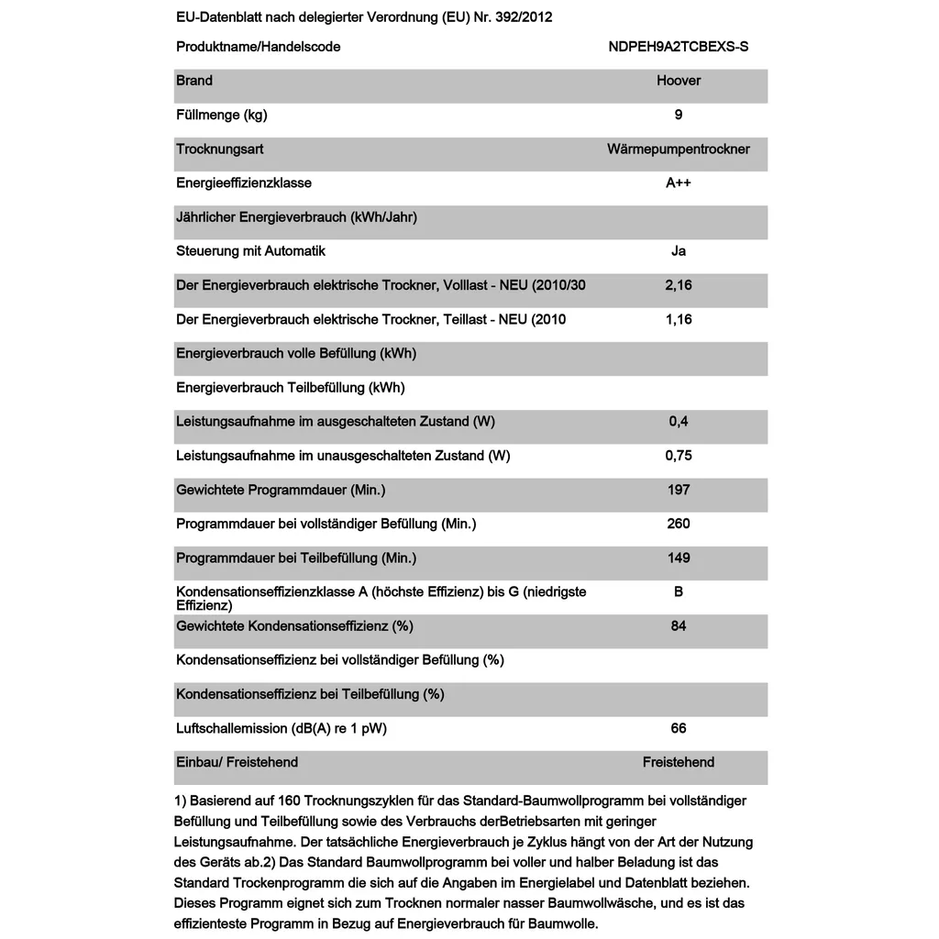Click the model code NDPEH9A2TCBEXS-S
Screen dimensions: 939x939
click(x=678, y=47)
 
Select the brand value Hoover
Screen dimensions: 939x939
click(x=679, y=81)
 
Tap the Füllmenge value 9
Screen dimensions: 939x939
click(x=679, y=115)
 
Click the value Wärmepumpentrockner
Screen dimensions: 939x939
click(x=679, y=149)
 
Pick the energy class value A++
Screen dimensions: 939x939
click(x=679, y=182)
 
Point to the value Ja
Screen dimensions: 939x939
click(x=679, y=251)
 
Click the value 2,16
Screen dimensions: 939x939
click(x=679, y=285)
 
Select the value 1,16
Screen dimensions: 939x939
click(x=679, y=319)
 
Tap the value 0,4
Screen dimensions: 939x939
click(x=679, y=422)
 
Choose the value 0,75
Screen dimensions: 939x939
click(x=679, y=456)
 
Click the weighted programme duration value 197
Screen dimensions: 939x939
click(x=679, y=490)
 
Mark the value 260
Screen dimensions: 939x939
click(x=679, y=524)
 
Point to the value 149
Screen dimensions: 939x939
click(x=679, y=558)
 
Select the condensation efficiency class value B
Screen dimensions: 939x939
click(x=679, y=591)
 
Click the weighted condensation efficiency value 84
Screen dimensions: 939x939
click(x=679, y=626)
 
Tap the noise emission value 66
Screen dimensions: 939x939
click(x=679, y=728)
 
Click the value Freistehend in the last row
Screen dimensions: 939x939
click(x=679, y=762)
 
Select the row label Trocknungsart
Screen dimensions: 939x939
click(x=220, y=149)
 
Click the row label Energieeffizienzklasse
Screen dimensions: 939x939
click(x=244, y=182)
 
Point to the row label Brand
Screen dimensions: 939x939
click(x=194, y=81)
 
